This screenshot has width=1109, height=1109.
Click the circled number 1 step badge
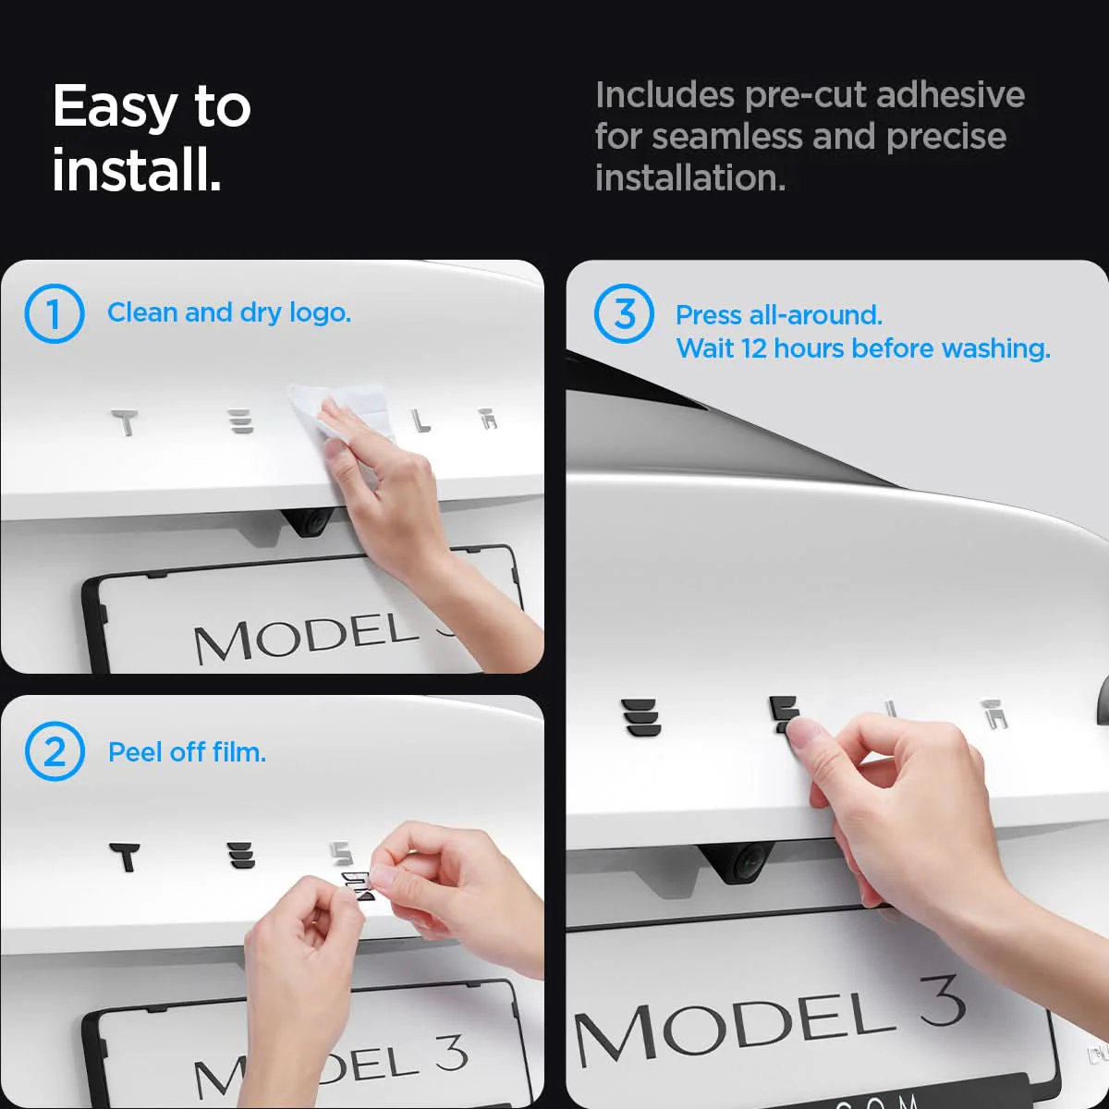tap(55, 313)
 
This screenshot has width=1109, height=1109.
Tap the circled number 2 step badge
tap(55, 751)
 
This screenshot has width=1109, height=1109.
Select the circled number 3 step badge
tap(624, 313)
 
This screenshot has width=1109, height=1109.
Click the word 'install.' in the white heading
tap(137, 169)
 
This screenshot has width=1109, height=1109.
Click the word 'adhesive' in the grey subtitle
tap(950, 94)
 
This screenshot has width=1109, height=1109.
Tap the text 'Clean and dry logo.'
tap(229, 313)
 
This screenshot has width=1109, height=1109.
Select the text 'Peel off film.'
tap(187, 752)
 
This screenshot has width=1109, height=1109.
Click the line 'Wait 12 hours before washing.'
tap(862, 348)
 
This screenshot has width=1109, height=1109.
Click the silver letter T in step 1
tap(125, 422)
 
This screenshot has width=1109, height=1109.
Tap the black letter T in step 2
tap(125, 857)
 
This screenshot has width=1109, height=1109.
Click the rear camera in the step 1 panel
tap(308, 522)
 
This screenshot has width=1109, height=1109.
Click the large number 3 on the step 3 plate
tap(942, 1001)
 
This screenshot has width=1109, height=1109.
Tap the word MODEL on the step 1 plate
tap(305, 636)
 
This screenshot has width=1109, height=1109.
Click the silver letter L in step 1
tap(421, 421)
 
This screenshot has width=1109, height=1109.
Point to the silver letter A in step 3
tap(993, 713)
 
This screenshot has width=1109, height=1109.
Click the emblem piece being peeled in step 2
tap(357, 885)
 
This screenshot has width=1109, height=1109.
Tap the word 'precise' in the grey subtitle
tap(946, 137)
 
